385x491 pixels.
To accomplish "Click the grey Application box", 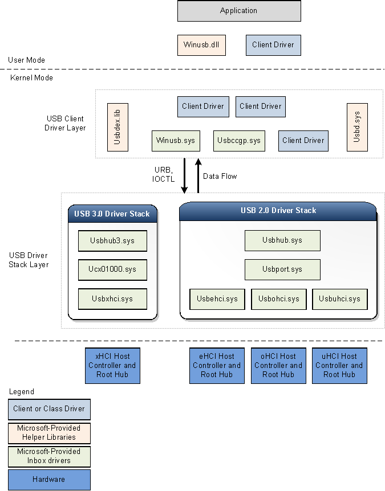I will click(239, 11).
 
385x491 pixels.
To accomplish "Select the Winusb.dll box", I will click(201, 45).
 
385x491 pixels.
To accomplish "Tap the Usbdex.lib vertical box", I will click(117, 127).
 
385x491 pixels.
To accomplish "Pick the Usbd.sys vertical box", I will click(357, 127).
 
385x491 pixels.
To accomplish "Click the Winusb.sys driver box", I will click(176, 141).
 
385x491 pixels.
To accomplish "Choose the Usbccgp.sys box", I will click(240, 141).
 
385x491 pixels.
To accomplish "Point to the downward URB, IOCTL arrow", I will click(185, 176).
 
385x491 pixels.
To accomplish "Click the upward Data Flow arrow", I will click(198, 175).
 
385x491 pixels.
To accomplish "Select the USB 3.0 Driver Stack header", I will click(112, 214).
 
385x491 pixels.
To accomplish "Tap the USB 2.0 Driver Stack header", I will click(278, 211).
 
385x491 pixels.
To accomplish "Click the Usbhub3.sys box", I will click(112, 241).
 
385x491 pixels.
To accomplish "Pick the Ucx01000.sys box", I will click(112, 269).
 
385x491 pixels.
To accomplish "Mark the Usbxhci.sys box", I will click(112, 298).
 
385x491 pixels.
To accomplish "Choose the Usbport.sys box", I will click(282, 269).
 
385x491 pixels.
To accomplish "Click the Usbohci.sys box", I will click(278, 299).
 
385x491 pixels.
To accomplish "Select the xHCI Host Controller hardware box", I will click(112, 366).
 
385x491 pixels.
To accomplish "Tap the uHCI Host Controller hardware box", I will click(339, 366).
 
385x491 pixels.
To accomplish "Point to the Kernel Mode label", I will click(31, 77).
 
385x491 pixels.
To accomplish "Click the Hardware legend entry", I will click(49, 480).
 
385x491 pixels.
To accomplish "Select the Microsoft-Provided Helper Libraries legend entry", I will click(49, 433).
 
